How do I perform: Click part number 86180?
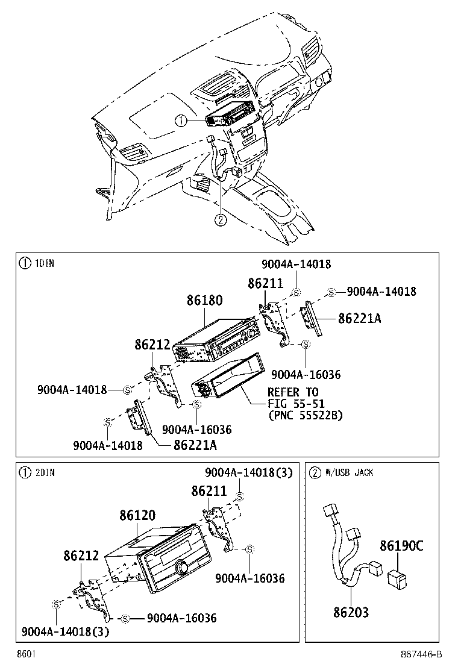tap(204, 300)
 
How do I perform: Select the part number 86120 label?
tap(137, 515)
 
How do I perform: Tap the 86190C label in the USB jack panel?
tap(401, 546)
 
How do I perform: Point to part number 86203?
tap(350, 612)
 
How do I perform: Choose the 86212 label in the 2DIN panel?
tap(81, 556)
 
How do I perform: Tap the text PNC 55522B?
tap(305, 415)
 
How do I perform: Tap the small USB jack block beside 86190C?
tap(398, 578)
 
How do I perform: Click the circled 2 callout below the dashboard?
tap(221, 219)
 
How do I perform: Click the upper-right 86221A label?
tap(359, 318)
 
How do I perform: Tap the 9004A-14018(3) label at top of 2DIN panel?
tap(248, 472)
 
